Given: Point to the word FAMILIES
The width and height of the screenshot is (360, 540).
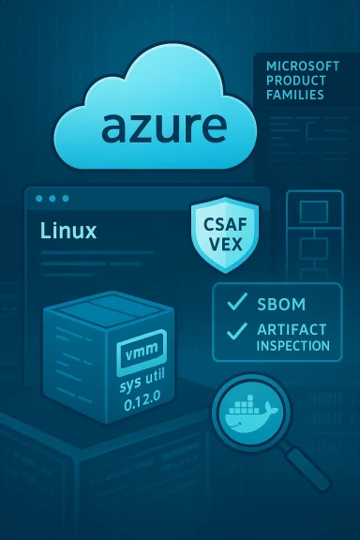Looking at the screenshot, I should (294, 96).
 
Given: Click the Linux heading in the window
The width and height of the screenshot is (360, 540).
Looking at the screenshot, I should (68, 231).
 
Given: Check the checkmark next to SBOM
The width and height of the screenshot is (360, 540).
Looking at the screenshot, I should (237, 302).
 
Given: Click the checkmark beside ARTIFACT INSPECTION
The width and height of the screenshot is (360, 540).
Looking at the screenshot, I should (237, 330).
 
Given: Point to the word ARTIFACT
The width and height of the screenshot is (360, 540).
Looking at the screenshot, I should (292, 330).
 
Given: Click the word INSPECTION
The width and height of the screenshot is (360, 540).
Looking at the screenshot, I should (292, 346).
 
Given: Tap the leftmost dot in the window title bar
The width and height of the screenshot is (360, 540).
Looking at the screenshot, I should (37, 199).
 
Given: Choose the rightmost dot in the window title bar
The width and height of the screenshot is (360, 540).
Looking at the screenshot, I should (66, 199).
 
